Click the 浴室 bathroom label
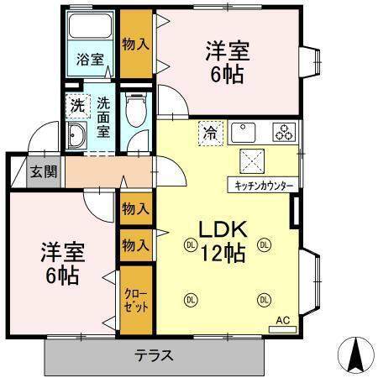pyautogui.click(x=90, y=59)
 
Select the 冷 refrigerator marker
pyautogui.click(x=208, y=132)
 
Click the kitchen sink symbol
pyautogui.click(x=244, y=132)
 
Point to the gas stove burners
pyautogui.click(x=285, y=132)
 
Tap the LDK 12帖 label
pyautogui.click(x=223, y=240)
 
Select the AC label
pyautogui.click(x=285, y=320)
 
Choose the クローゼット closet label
pyautogui.click(x=134, y=300)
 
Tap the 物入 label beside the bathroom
pyautogui.click(x=135, y=44)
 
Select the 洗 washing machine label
pyautogui.click(x=77, y=106)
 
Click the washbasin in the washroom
pyautogui.click(x=77, y=138)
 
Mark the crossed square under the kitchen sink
pyautogui.click(x=251, y=160)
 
